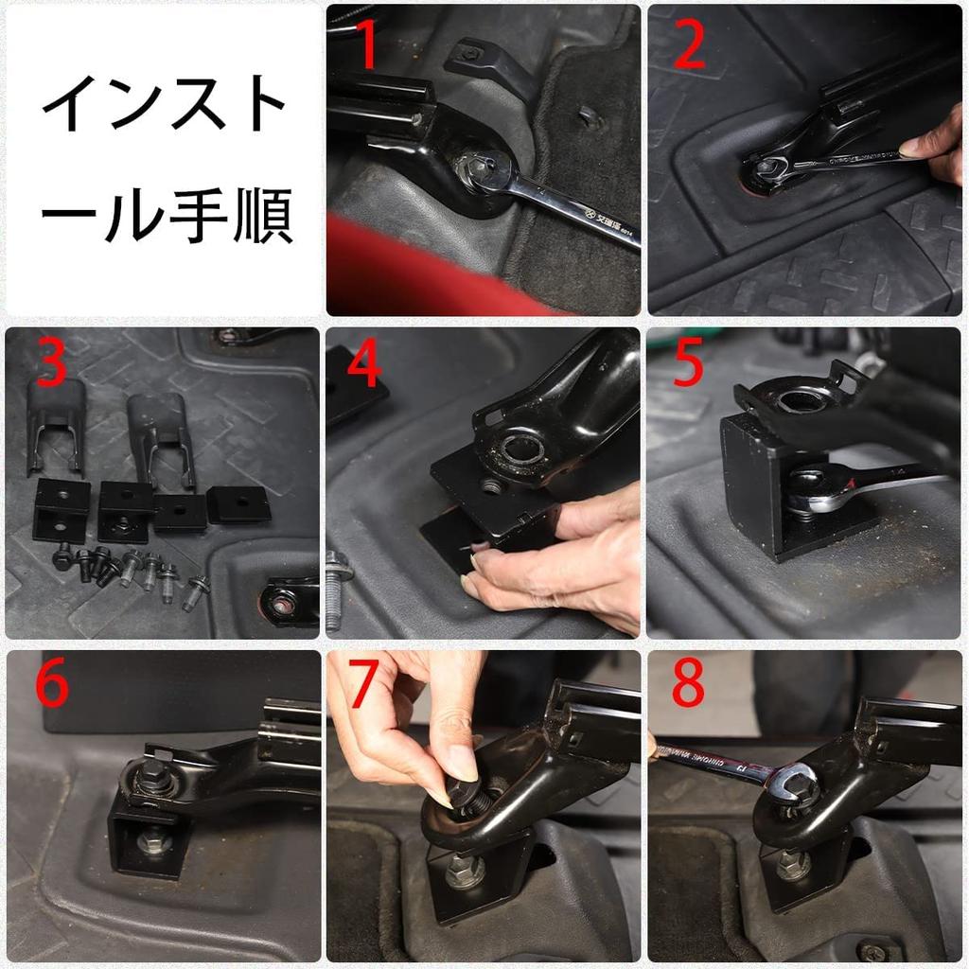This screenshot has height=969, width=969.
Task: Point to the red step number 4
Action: click(365, 365)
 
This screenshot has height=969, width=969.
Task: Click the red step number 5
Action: click(688, 365)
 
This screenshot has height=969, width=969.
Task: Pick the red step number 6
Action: click(50, 686)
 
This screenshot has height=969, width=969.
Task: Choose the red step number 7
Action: click(365, 686)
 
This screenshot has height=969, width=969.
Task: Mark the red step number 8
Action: click(688, 686)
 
